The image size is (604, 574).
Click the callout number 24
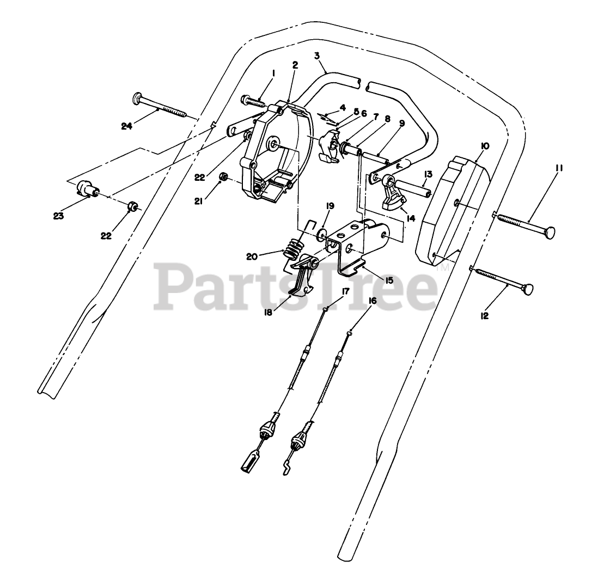(127, 126)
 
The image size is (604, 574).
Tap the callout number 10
(485, 146)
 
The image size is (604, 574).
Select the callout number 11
(558, 169)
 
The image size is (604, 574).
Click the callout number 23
(59, 216)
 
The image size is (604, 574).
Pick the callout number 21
(199, 201)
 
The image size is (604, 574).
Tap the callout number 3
(317, 56)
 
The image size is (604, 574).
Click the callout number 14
(410, 218)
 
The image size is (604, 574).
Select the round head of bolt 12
(527, 290)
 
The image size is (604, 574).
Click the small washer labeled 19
(322, 235)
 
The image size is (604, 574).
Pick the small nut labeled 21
(222, 178)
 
